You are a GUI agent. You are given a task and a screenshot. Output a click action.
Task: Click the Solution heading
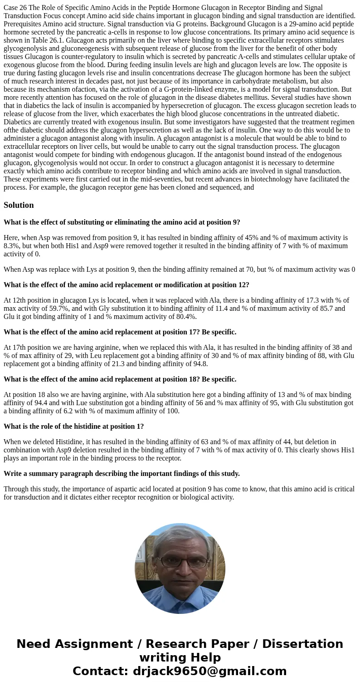(x=19, y=205)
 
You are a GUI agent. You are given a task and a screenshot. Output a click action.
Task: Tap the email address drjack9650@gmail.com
(x=209, y=671)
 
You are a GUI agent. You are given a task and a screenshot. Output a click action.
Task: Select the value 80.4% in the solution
(x=185, y=317)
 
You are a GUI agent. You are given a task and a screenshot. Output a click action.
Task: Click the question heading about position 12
(x=126, y=285)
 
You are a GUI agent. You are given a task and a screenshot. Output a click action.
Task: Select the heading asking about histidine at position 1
(x=73, y=426)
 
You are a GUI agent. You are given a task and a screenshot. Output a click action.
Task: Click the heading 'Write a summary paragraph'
(x=122, y=474)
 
